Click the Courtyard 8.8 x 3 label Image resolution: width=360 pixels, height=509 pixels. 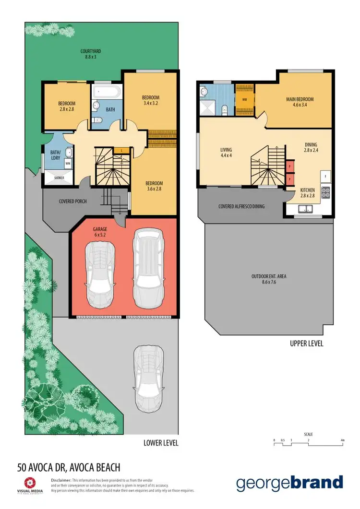click(x=91, y=54)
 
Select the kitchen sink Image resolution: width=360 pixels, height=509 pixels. click(x=305, y=209)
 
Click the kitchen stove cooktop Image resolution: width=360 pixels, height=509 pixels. click(x=325, y=192)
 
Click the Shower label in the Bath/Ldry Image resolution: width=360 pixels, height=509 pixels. click(x=59, y=177)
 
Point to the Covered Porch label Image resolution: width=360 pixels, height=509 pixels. click(x=72, y=201)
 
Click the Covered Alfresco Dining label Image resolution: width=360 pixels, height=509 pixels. click(x=241, y=206)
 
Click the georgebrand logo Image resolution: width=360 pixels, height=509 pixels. click(x=289, y=483)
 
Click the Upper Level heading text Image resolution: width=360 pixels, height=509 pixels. click(x=307, y=343)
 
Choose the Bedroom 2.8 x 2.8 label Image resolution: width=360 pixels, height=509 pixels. click(x=67, y=106)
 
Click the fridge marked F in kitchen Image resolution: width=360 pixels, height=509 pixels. click(x=325, y=176)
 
